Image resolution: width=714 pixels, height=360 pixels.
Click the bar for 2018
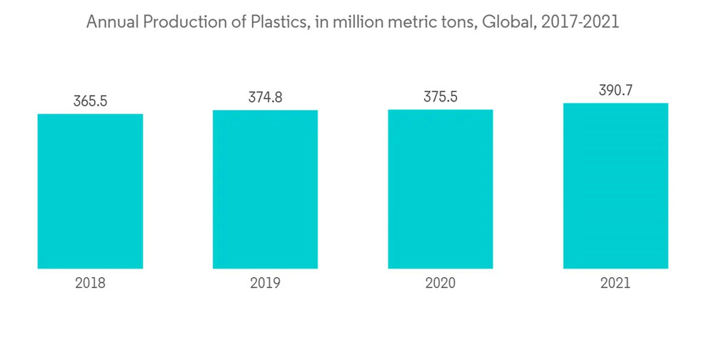90,191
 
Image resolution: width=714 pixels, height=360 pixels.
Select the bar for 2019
265,189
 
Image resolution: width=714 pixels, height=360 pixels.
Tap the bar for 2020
441,189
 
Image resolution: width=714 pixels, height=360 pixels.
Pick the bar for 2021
615,186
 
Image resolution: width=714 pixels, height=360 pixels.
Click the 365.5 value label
90,101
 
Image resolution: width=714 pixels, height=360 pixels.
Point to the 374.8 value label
265,98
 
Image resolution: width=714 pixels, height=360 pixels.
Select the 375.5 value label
441,97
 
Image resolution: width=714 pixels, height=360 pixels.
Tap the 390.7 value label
615,91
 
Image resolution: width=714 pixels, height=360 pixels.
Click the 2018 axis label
90,284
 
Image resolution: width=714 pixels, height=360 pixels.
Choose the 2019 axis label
265,284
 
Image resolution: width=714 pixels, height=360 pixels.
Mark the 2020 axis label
441,284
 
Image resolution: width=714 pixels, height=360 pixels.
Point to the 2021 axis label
615,284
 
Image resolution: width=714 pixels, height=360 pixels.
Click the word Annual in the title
111,23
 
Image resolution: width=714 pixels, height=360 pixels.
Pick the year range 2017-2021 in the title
580,23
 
